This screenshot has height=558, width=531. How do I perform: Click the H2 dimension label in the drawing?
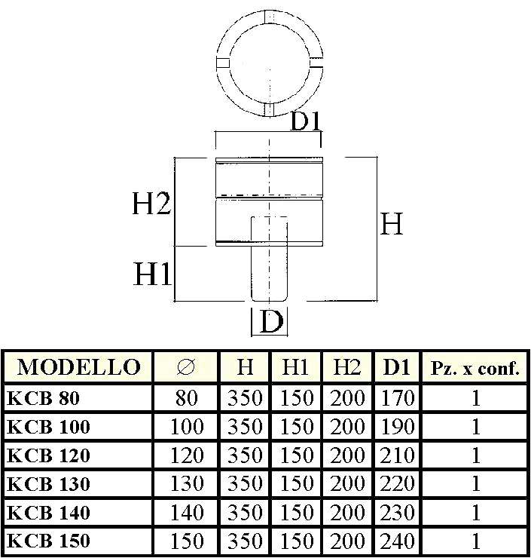click(x=153, y=204)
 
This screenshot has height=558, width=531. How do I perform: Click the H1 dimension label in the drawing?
click(x=153, y=274)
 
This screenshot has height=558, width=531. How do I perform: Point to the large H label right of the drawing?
click(x=392, y=224)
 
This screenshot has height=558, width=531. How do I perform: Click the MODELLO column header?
click(x=78, y=368)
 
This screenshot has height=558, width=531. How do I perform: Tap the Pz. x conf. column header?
click(x=475, y=369)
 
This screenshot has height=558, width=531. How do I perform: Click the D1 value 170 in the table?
click(x=397, y=398)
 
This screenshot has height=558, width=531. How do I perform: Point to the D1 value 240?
click(x=397, y=541)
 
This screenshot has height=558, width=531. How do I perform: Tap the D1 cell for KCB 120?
click(x=397, y=455)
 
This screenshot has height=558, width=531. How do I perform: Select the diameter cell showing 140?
click(x=187, y=513)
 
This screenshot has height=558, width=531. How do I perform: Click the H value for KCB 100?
click(x=245, y=427)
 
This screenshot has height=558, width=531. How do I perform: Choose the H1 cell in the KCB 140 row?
click(x=296, y=513)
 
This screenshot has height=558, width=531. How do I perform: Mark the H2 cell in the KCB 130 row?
click(x=347, y=484)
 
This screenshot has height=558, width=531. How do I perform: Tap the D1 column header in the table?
click(x=397, y=368)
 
